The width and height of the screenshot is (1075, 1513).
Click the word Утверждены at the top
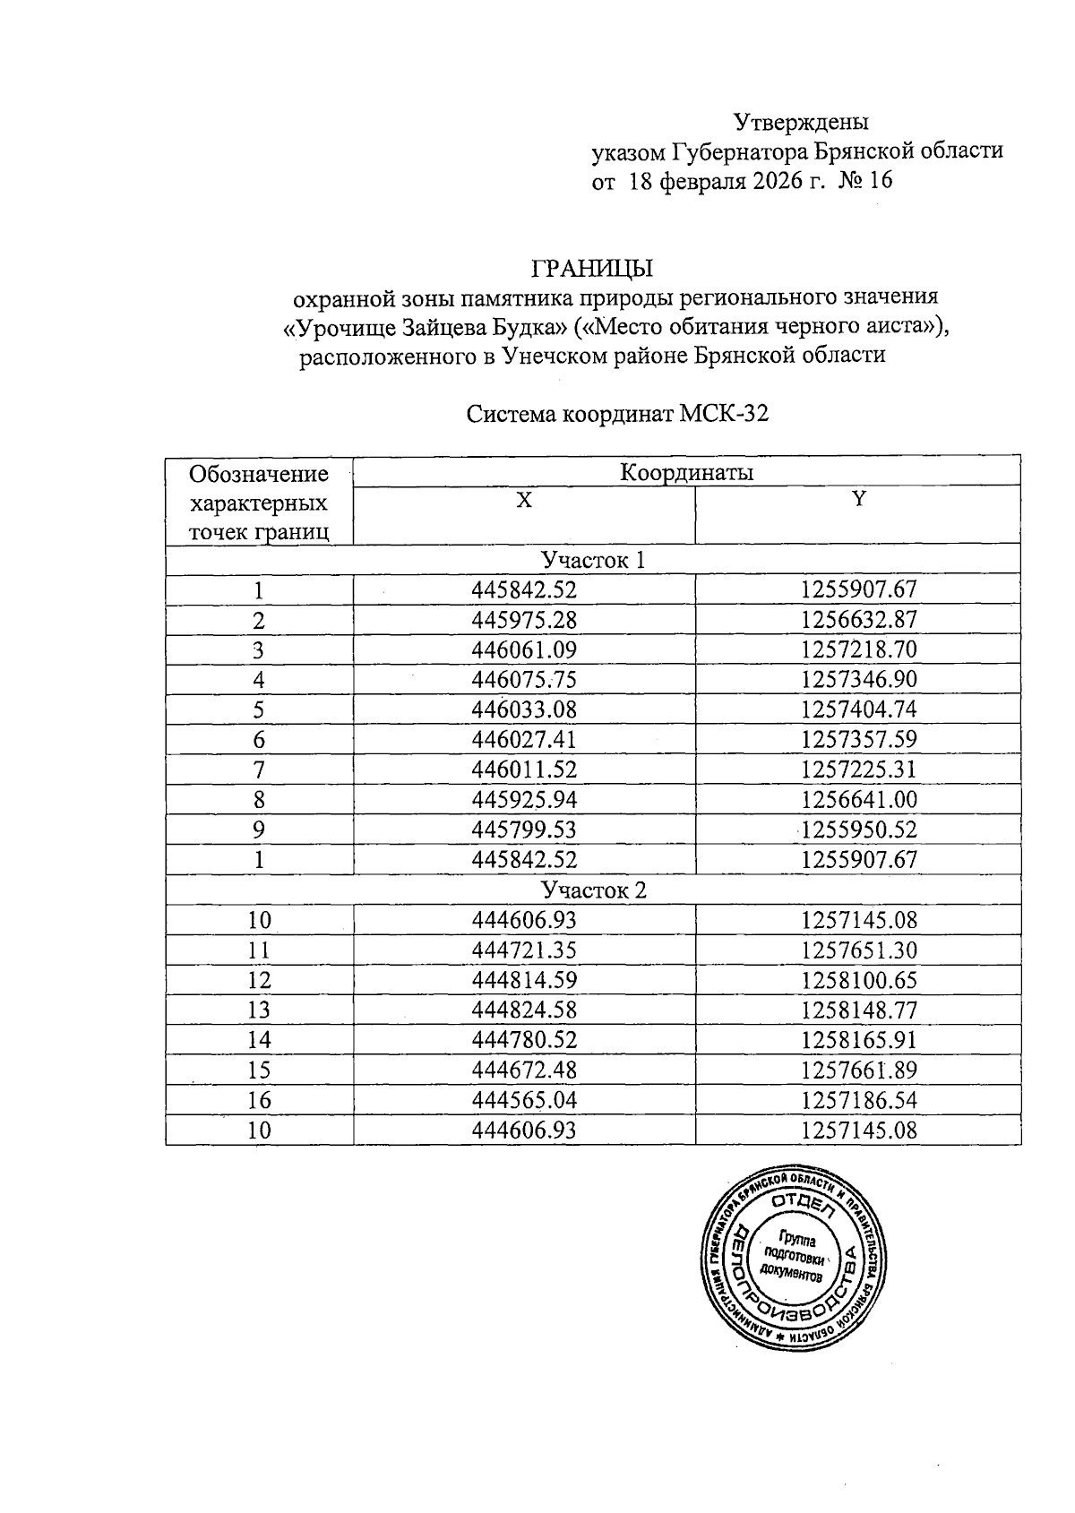[802, 121]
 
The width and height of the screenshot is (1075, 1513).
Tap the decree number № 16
[865, 182]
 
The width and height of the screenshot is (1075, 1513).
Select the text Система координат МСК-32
[618, 415]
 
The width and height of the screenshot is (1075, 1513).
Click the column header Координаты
[686, 472]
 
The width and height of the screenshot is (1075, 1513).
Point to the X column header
[524, 501]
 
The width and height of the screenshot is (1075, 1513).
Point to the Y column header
[858, 501]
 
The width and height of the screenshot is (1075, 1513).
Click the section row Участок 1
[592, 560]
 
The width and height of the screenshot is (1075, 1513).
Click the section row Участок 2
[592, 890]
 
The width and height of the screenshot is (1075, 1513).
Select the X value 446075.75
[524, 680]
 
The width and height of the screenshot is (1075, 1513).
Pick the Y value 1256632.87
[859, 620]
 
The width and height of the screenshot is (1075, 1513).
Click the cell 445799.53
[524, 830]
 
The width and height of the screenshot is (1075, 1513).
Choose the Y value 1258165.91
[859, 1040]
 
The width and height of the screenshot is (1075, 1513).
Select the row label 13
[259, 1010]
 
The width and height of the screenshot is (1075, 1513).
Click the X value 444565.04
[524, 1100]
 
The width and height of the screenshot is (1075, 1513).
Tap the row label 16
[259, 1100]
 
